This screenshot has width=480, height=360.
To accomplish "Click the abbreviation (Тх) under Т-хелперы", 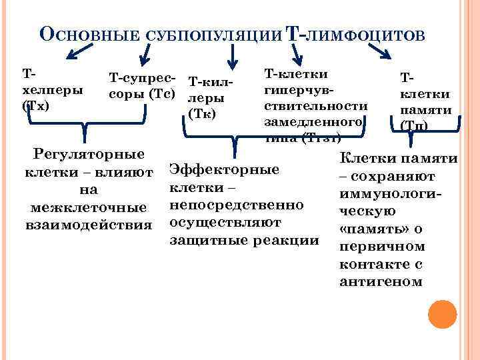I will click(35, 105).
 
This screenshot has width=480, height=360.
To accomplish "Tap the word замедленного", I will click(313, 123).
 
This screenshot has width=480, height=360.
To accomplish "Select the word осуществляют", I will click(225, 221).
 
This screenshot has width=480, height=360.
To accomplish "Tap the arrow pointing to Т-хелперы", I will click(83, 50).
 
